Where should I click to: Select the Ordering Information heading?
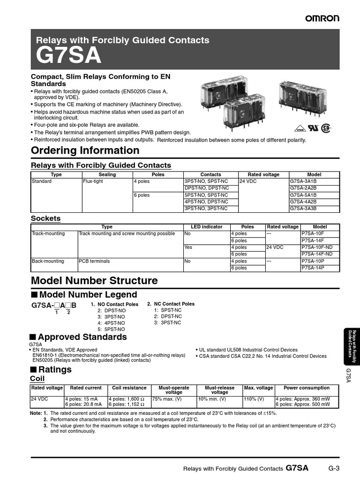85,150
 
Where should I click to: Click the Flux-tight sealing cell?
93,181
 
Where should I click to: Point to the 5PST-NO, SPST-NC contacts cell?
206,195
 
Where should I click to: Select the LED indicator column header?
206,227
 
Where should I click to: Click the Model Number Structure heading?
94,281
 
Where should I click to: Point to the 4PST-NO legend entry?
111,323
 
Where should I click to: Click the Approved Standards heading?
82,337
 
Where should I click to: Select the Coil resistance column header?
129,388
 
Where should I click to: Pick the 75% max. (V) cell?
166,399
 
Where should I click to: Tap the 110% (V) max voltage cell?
254,399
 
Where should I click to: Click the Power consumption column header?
307,388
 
